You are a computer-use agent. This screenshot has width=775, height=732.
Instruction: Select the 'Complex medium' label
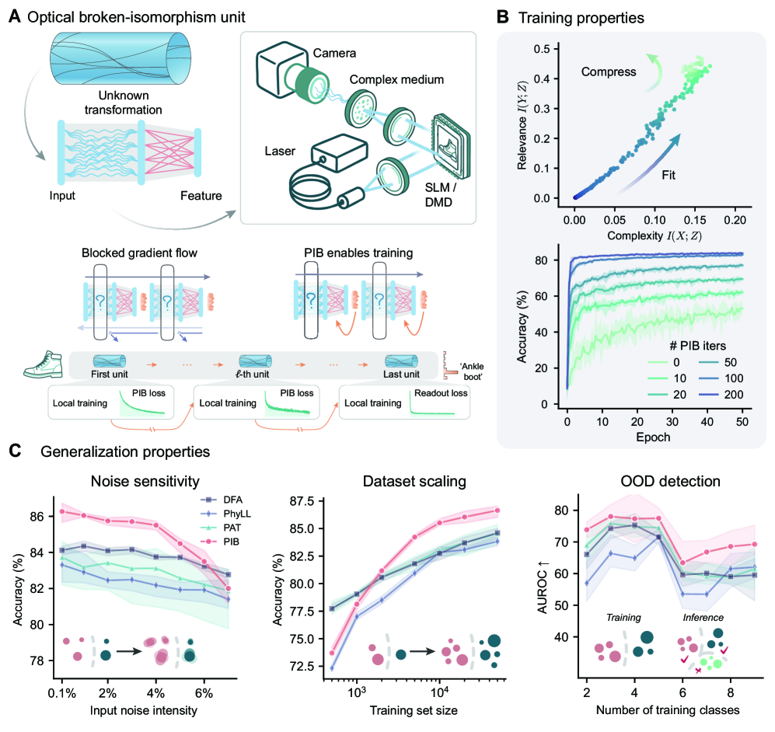click(396, 81)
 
